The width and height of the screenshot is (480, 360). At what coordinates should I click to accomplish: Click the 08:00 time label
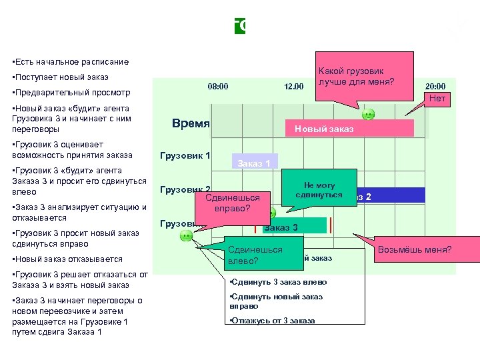(x=218, y=86)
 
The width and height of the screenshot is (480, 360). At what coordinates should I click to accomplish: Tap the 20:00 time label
(x=435, y=86)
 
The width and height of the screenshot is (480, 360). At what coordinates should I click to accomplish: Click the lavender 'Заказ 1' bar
(x=254, y=163)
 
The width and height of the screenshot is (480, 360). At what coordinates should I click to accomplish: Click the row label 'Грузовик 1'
(x=186, y=156)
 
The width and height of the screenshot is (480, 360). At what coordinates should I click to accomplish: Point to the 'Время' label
(x=191, y=124)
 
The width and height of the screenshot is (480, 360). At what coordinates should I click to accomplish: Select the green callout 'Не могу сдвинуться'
(x=319, y=190)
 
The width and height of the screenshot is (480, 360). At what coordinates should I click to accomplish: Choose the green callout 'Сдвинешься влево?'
(x=255, y=255)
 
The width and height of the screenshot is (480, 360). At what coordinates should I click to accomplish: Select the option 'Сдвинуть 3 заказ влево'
(x=279, y=283)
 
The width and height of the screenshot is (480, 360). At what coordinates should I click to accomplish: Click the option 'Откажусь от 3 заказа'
(x=272, y=321)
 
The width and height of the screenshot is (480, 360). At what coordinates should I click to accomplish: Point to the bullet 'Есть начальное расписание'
(x=70, y=61)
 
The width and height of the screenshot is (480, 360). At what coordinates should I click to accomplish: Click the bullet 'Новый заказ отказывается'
(x=67, y=259)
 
